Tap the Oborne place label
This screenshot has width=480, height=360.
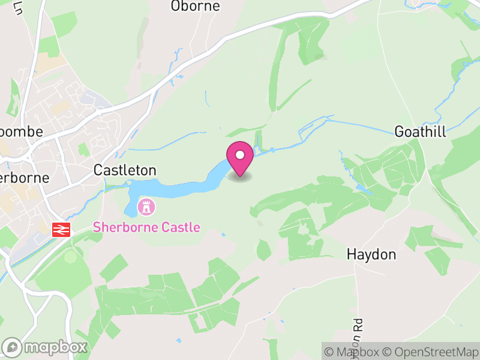pyautogui.click(x=196, y=7)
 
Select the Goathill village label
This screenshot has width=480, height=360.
pyautogui.click(x=420, y=132)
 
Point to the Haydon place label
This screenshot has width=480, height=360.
pyautogui.click(x=371, y=254)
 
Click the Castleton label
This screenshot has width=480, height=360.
pyautogui.click(x=125, y=170)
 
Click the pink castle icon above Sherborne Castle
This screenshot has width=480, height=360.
pyautogui.click(x=145, y=208)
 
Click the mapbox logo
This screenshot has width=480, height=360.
pyautogui.click(x=45, y=347)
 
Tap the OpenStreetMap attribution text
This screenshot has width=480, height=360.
pyautogui.click(x=431, y=352)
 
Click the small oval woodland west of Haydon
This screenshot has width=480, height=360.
pyautogui.click(x=264, y=250)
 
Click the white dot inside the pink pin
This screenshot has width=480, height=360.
pyautogui.click(x=240, y=155)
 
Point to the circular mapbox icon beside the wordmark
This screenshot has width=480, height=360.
pyautogui.click(x=13, y=347)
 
